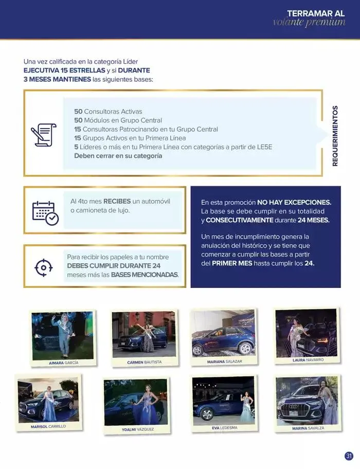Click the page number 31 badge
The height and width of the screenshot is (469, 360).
tap(349, 456)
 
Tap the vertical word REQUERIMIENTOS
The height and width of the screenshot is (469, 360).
tap(335, 136)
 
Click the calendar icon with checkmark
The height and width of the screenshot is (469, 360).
tap(45, 212)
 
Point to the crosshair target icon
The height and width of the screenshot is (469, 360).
tap(43, 267)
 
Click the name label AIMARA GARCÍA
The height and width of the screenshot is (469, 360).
tap(63, 363)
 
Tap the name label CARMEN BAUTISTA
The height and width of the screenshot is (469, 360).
tap(144, 362)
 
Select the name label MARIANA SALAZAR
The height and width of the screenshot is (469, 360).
tap(224, 362)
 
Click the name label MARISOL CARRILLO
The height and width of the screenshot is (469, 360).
tap(48, 426)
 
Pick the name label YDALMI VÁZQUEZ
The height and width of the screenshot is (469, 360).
tap(137, 429)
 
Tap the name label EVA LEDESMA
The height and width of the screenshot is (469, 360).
tap(224, 427)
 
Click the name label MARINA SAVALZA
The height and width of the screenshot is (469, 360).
tap(308, 428)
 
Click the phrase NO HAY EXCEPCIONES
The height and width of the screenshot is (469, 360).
tap(294, 203)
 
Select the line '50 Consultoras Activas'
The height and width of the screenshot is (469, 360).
tap(108, 111)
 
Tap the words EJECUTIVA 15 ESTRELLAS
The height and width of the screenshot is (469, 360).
tap(64, 70)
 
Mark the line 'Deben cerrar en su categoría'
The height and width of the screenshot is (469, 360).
tap(118, 155)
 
